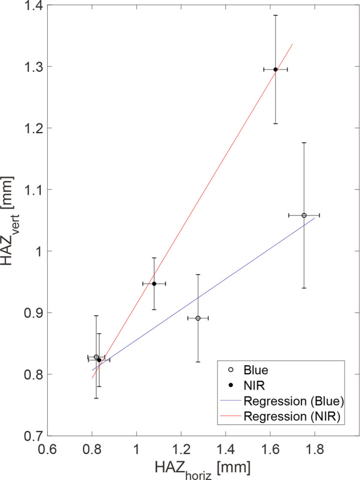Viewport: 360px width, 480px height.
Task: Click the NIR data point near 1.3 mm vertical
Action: pyautogui.click(x=275, y=69)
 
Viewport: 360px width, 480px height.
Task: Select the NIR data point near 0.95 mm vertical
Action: pyautogui.click(x=154, y=283)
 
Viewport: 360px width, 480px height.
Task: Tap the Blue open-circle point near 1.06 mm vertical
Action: pyautogui.click(x=304, y=216)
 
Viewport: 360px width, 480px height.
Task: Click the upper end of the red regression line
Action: pyautogui.click(x=292, y=44)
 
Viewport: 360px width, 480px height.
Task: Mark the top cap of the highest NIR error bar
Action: pyautogui.click(x=275, y=15)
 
